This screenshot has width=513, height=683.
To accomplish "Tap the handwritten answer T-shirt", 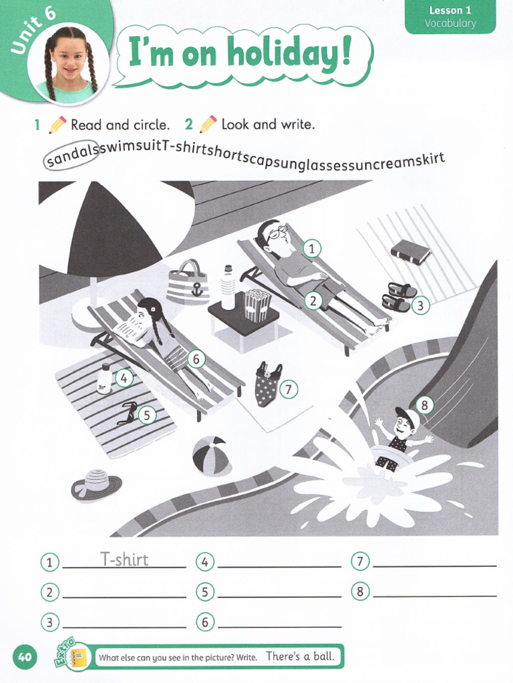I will click(x=124, y=559).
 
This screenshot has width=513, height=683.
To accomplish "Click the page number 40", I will click(x=25, y=657).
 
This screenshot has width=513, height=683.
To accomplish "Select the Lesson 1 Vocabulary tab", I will click(x=451, y=17).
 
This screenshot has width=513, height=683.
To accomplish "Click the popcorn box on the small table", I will click(x=257, y=305).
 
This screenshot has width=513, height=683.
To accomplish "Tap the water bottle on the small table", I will click(x=228, y=287).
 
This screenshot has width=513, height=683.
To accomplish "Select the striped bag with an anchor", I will click(x=188, y=283).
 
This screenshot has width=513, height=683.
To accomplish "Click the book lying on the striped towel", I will click(x=410, y=252).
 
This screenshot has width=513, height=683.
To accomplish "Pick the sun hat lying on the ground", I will click(x=96, y=484).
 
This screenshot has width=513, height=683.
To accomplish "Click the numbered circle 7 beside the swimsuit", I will click(x=288, y=389).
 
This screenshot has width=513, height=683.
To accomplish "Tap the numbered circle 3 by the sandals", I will click(x=419, y=306).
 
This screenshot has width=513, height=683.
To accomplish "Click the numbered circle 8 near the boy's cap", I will click(x=424, y=404).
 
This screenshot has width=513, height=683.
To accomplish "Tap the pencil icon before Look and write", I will click(x=208, y=124).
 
